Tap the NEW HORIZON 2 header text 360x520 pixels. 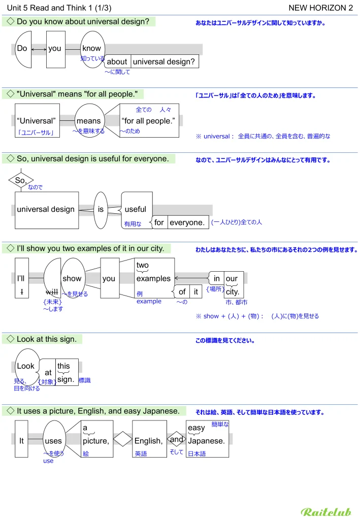(320, 8)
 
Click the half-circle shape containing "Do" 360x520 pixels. (23, 49)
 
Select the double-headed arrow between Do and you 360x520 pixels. (39, 49)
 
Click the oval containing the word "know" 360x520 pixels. (92, 49)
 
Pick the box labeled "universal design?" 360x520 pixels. (164, 62)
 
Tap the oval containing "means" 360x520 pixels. (89, 121)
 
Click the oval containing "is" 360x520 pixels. (101, 209)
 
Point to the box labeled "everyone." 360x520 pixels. (187, 222)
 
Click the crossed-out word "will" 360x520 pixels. (52, 292)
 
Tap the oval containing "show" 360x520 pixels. (72, 278)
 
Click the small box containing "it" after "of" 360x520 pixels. (196, 292)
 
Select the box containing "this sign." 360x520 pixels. (67, 372)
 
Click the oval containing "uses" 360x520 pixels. (53, 440)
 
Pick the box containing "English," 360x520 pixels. (149, 440)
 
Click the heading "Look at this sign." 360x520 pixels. (46, 339)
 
